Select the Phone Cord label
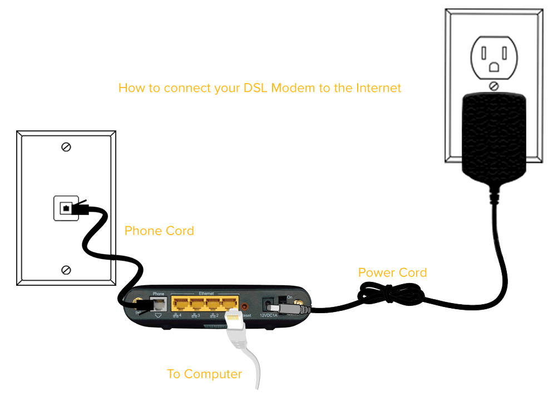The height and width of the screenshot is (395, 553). tap(159, 231)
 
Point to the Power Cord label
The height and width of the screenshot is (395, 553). tap(392, 272)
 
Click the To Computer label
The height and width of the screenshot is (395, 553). tap(204, 374)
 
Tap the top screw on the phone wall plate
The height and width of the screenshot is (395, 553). tap(66, 147)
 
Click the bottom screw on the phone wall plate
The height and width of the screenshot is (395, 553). tap(66, 270)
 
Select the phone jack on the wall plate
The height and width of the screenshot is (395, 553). tap(66, 208)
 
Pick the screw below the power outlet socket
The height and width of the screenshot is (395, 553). tap(493, 86)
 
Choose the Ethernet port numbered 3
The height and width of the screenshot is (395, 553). tap(198, 304)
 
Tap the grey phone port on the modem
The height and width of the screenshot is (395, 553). tap(159, 304)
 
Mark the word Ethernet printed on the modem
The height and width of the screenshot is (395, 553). tap(206, 292)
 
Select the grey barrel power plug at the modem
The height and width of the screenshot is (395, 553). tap(287, 308)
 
